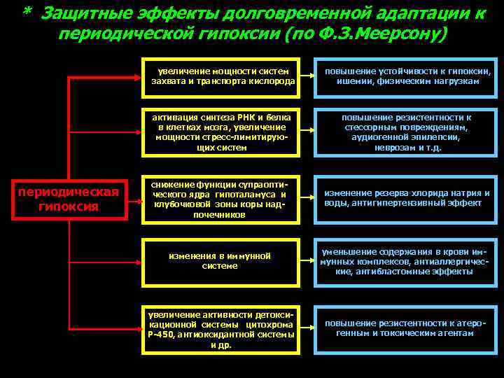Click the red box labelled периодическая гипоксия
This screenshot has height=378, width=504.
(x=69, y=199)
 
